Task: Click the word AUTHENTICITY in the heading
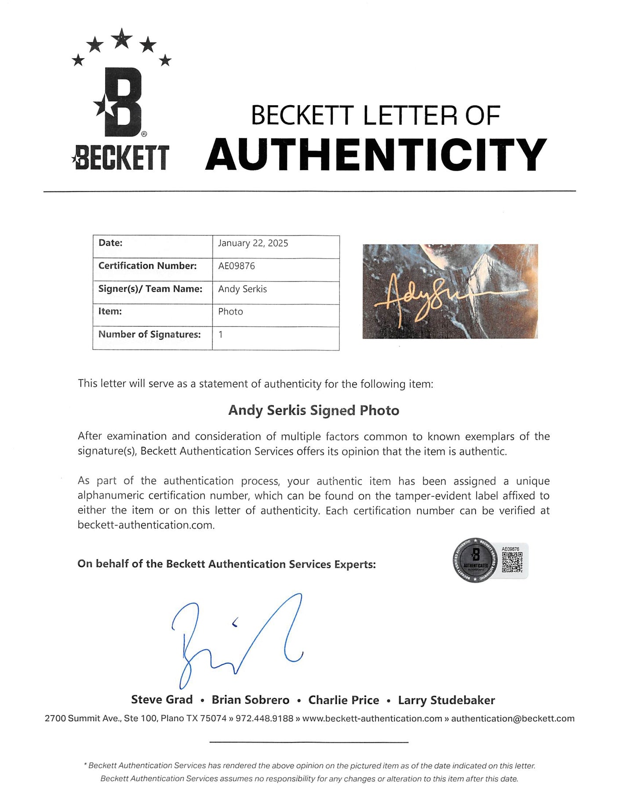click(376, 154)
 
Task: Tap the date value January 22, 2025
click(253, 243)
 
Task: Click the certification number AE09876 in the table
click(236, 266)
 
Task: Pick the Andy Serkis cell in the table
click(242, 289)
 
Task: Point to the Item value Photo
click(230, 312)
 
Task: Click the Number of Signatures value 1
click(221, 335)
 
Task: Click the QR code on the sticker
click(512, 563)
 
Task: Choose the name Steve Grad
click(162, 700)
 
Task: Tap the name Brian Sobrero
click(251, 700)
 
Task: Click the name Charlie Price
click(344, 700)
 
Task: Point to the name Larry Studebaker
click(447, 700)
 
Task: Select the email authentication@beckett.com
click(513, 719)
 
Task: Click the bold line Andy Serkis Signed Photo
click(314, 410)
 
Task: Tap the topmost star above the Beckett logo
click(122, 38)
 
